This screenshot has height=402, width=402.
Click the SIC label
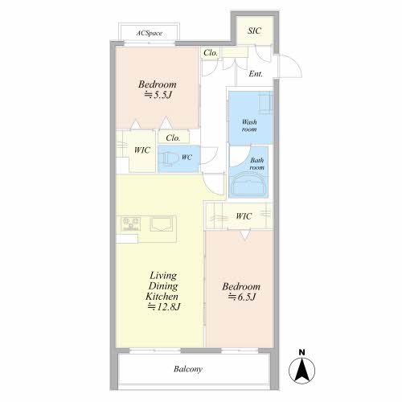(254, 31)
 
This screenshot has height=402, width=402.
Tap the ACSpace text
(150, 33)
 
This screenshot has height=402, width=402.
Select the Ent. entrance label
(256, 74)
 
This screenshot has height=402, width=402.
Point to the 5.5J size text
(158, 95)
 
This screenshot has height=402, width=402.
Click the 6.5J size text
(242, 297)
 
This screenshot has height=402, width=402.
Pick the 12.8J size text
(164, 306)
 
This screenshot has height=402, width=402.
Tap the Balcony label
(188, 369)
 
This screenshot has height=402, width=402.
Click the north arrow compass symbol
(301, 367)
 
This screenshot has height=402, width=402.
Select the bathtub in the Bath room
(248, 184)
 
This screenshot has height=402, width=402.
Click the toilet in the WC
(169, 158)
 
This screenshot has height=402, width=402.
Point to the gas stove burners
(131, 224)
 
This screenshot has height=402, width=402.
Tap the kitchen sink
(162, 224)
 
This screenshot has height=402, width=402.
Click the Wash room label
(249, 125)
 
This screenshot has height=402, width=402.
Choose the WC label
(187, 157)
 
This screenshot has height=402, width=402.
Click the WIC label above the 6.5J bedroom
(244, 216)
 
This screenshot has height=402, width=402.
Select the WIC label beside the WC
(142, 150)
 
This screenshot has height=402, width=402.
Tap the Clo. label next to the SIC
(211, 53)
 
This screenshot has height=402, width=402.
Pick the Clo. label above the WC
(173, 138)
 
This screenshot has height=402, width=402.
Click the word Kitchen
(162, 297)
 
